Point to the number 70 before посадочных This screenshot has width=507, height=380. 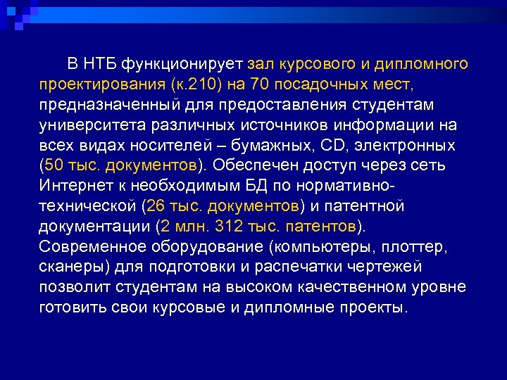[260, 86]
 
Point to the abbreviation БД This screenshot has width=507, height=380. [280, 186]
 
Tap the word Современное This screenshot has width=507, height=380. [92, 247]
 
